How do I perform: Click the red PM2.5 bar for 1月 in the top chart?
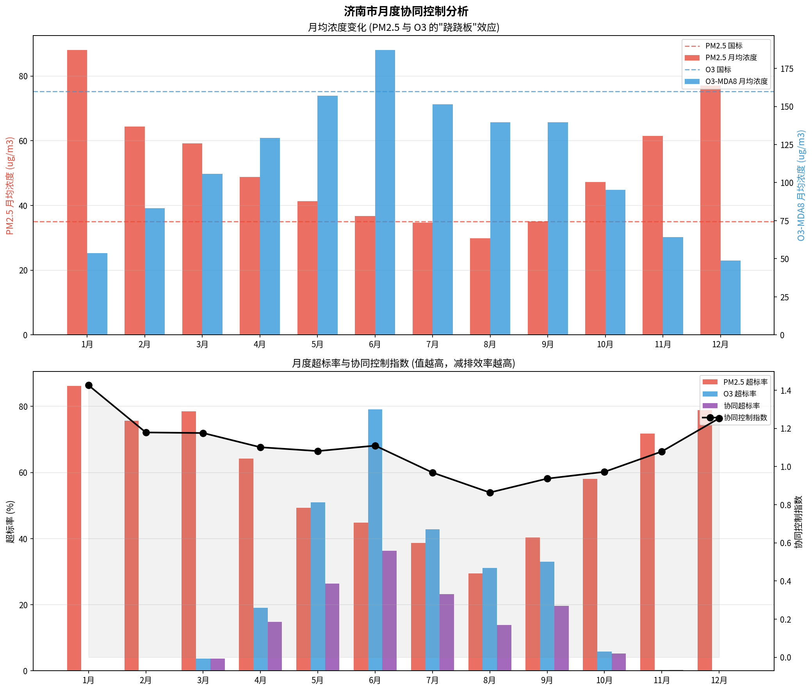coord(77,192)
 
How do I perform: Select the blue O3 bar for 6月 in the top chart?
coord(385,192)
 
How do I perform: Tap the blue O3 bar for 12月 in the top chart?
coord(730,297)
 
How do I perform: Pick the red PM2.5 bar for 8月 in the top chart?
coord(480,286)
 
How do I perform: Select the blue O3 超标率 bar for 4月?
coord(260,639)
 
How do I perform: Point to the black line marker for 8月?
coord(490,493)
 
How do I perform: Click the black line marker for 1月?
coord(89,386)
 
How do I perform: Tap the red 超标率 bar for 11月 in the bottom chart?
coord(647,552)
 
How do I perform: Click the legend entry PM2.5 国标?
coord(723,46)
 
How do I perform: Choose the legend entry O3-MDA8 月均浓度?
coord(736,82)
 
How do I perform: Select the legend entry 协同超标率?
coord(741,406)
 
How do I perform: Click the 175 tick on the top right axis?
coord(787,69)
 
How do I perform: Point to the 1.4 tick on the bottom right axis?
coord(785,391)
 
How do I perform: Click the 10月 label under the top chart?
coord(605,344)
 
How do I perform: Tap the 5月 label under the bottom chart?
coord(317,680)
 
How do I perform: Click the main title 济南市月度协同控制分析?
coord(406,11)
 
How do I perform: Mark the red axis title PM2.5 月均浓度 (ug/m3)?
coord(10,186)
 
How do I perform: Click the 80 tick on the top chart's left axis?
coord(23,76)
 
